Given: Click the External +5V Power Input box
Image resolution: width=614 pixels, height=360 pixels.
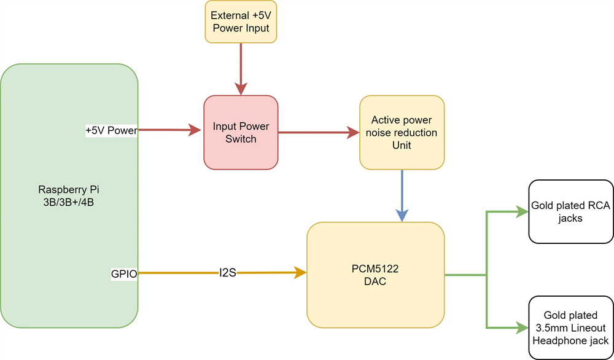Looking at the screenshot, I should click(240, 22).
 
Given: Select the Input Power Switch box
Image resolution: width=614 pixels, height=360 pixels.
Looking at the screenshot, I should click(241, 132).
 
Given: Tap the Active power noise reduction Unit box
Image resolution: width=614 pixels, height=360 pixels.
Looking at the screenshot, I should click(402, 132).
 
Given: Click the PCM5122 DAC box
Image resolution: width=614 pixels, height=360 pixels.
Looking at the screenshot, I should click(375, 274).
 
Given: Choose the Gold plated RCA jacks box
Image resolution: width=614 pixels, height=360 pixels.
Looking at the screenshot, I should click(570, 211).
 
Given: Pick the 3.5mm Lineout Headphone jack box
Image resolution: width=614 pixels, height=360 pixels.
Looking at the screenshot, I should click(570, 327).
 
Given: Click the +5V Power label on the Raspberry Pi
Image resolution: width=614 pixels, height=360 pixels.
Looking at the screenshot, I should click(111, 130).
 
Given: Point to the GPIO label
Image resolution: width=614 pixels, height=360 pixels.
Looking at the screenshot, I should click(124, 274).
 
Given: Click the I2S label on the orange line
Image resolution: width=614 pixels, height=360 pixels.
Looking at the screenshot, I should click(228, 272).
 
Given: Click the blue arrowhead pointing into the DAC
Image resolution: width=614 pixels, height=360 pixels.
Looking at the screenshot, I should click(402, 215).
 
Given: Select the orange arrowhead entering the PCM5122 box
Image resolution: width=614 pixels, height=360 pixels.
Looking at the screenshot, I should click(300, 272).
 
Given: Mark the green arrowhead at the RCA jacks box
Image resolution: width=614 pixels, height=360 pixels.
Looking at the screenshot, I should click(523, 212).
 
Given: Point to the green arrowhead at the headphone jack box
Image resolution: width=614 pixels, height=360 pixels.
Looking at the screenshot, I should click(523, 327).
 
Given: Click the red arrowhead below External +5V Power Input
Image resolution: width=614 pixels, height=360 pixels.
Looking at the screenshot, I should click(240, 88).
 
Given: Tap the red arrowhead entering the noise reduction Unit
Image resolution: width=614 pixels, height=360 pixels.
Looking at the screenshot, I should click(353, 132).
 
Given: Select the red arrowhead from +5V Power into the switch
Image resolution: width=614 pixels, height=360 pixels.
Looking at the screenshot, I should click(195, 130).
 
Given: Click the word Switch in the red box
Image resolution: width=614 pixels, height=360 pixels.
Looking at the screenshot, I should click(241, 139).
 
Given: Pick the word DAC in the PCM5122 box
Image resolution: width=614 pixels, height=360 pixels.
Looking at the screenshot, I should click(375, 281).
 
